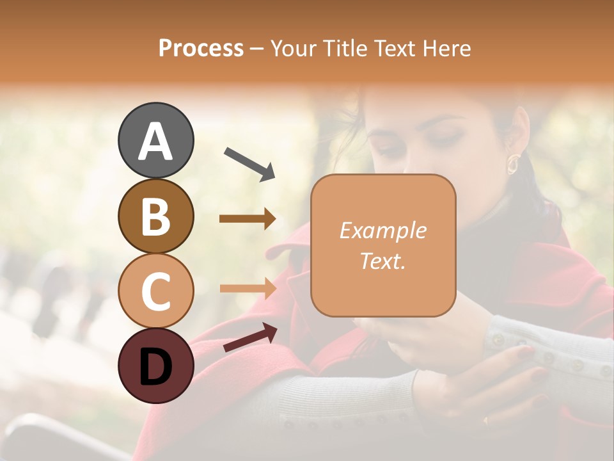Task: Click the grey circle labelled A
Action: pos(155,140)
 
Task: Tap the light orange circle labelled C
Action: pos(155,291)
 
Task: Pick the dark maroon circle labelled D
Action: pos(155,366)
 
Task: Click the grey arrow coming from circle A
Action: pos(249,163)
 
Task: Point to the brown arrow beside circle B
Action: pos(248,219)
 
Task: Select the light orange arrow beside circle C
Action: pos(248,288)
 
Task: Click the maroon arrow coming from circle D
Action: pos(250,337)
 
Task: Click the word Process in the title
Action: pos(201,48)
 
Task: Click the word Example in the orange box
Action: pos(382,230)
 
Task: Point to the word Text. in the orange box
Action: pos(382,261)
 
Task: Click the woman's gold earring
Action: pos(513,164)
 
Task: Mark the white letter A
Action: pos(155,141)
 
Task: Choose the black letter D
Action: pos(155,367)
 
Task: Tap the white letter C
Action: pos(155,291)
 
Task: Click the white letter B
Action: pos(155,216)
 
